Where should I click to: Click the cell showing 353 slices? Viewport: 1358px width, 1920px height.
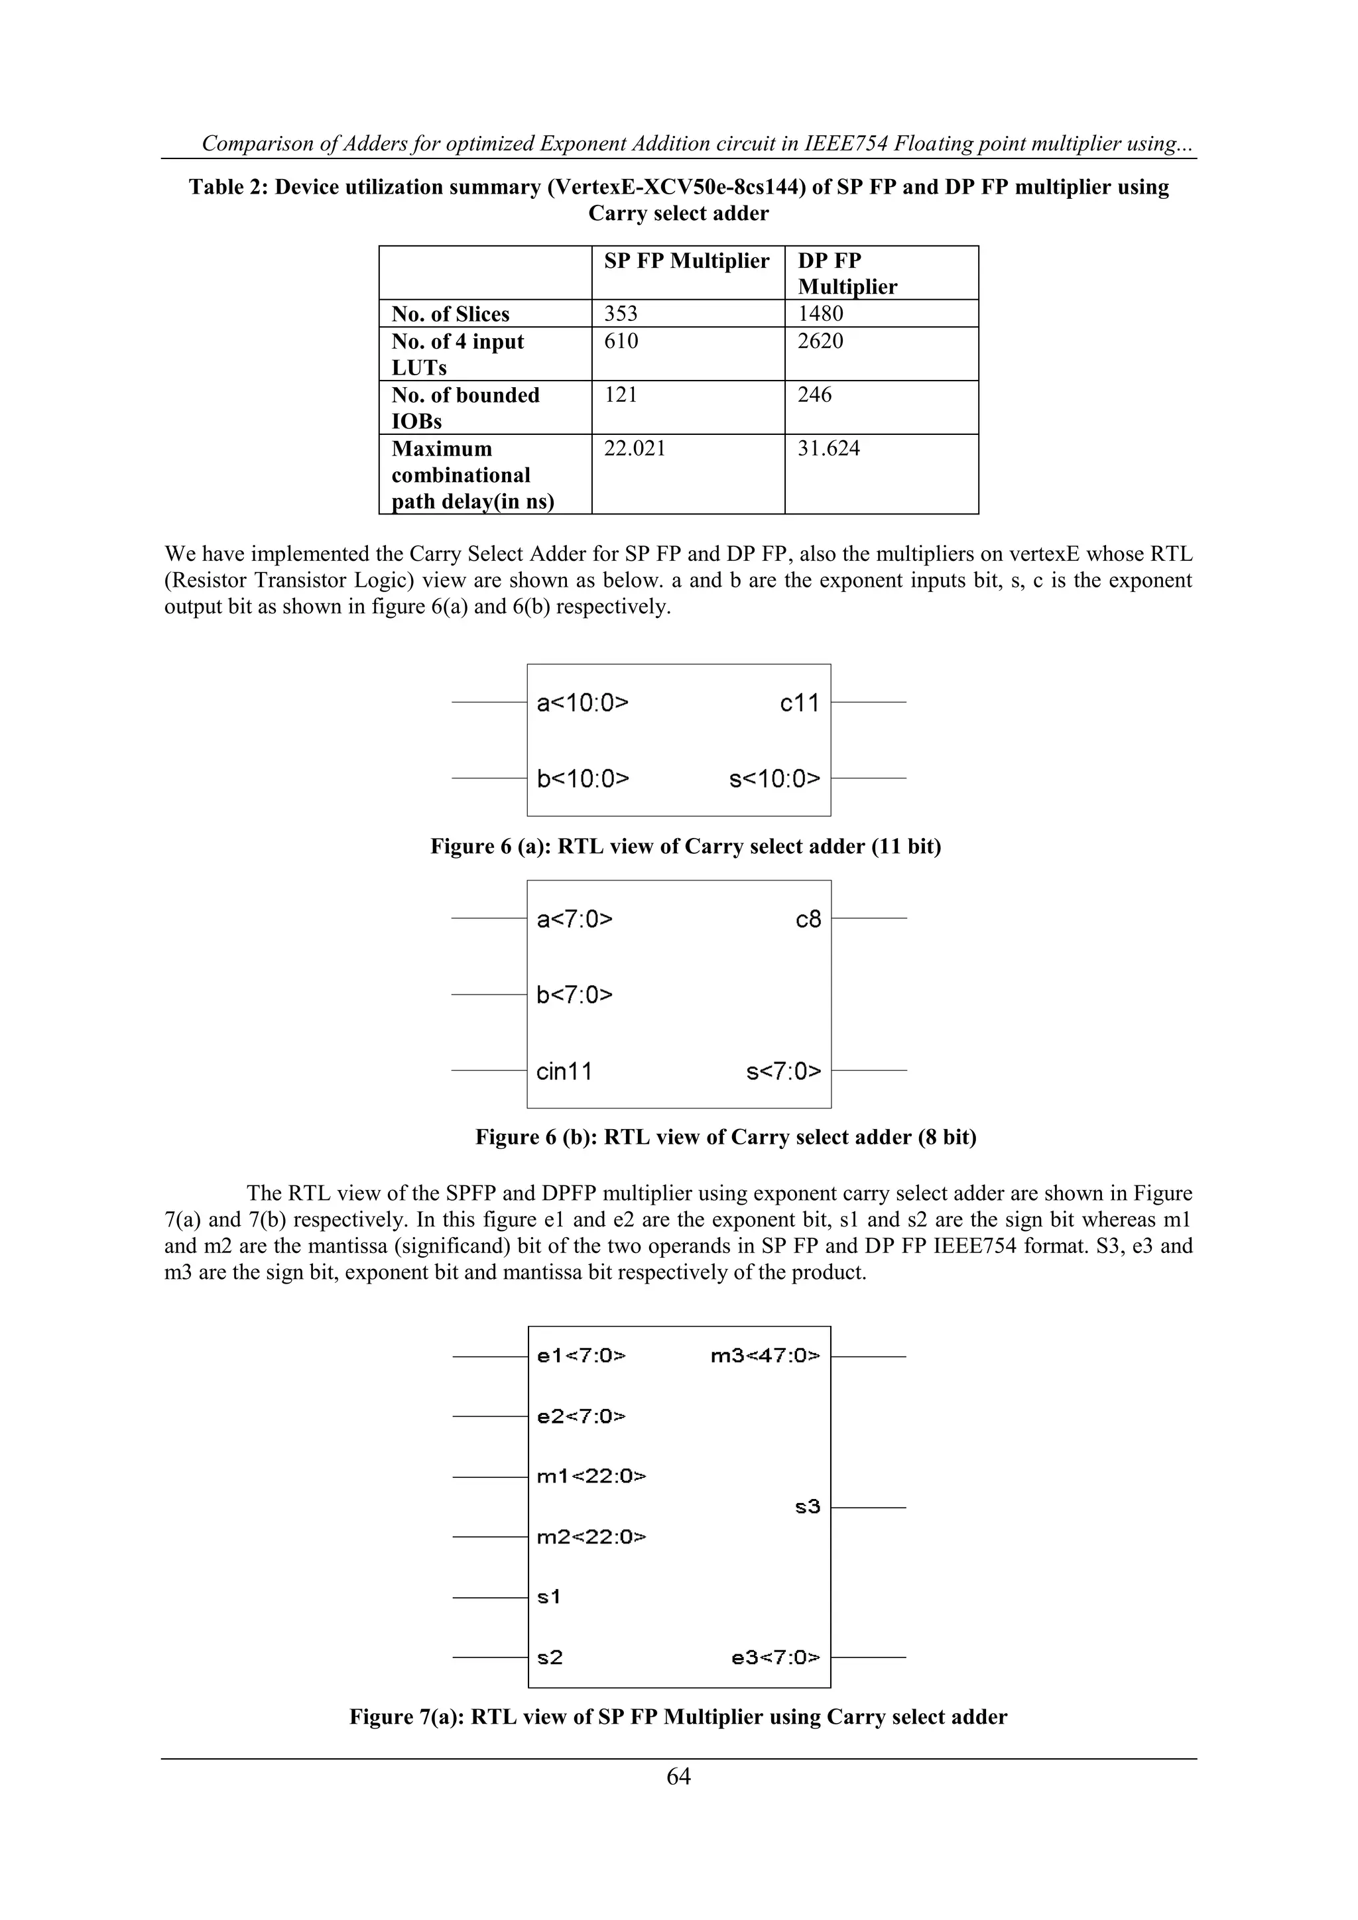tap(621, 314)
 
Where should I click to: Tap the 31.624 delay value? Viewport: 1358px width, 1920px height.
tap(828, 449)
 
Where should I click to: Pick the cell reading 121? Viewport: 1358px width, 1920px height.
tap(621, 394)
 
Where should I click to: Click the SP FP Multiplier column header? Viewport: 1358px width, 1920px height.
tap(686, 261)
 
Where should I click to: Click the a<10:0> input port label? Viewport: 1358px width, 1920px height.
tap(582, 703)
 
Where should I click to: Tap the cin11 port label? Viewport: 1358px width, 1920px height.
tap(564, 1071)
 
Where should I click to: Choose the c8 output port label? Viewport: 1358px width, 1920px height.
tap(808, 920)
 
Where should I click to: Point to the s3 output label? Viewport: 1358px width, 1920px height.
tap(807, 1508)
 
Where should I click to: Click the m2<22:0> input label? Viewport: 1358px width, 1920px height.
tap(590, 1537)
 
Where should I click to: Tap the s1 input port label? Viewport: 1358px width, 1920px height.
tap(548, 1597)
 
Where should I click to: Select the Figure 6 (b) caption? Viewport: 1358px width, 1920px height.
tap(725, 1137)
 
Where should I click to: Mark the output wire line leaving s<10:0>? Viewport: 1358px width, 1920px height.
tap(868, 778)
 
